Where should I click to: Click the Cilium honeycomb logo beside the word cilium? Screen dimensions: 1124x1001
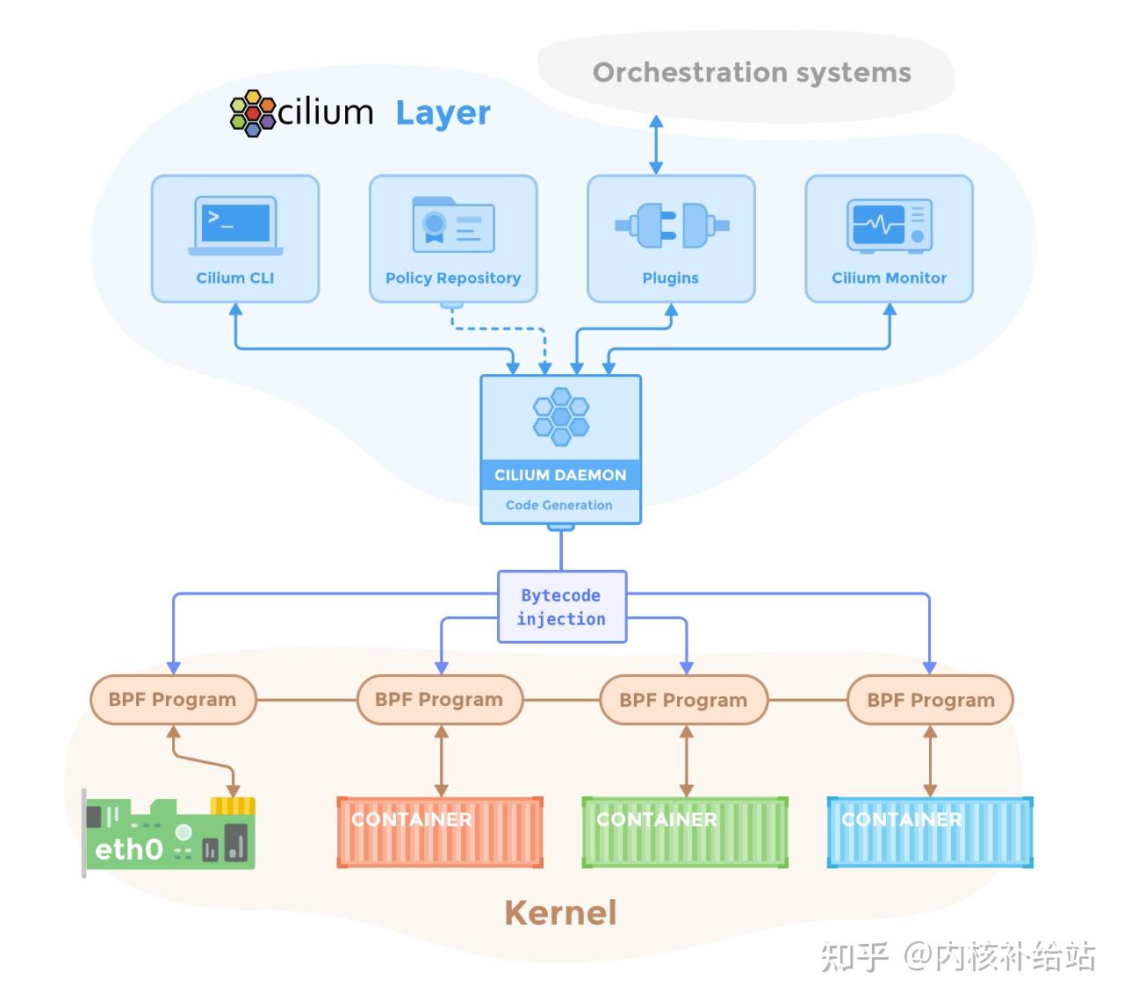(253, 112)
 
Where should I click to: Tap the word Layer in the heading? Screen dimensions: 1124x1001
(443, 114)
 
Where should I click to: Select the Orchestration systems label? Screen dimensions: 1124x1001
(752, 73)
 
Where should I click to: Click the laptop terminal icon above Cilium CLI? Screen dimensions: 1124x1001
(235, 226)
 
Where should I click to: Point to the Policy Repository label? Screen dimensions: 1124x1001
(453, 277)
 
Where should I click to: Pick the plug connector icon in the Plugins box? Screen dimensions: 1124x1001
(672, 226)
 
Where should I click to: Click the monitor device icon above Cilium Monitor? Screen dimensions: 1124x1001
(890, 226)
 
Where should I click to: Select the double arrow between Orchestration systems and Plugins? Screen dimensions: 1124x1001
(656, 145)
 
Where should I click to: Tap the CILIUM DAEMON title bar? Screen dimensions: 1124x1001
(560, 475)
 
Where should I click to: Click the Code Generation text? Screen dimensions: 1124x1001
(558, 505)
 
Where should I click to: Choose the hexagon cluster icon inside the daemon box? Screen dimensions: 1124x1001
(561, 416)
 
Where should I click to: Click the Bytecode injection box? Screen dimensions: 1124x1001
(561, 607)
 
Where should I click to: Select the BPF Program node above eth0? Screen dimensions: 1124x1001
(173, 700)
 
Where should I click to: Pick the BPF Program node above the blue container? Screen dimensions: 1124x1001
(931, 700)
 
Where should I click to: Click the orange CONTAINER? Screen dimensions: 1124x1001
(440, 832)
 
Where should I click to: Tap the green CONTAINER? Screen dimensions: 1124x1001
(685, 832)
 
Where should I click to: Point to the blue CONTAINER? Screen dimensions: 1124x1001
(930, 832)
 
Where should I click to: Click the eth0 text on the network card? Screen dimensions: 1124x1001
(129, 849)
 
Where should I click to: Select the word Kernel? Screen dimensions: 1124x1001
(560, 913)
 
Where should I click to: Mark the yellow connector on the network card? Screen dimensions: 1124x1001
(233, 806)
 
